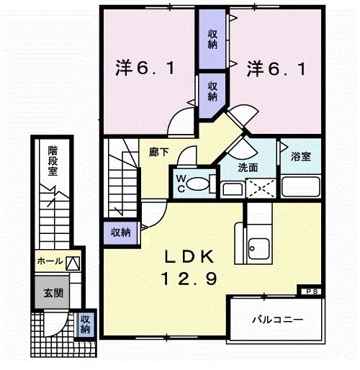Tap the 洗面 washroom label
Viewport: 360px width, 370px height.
coord(248,168)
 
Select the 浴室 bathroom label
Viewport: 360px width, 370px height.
coord(301,155)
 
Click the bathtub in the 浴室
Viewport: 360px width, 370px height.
coord(302,188)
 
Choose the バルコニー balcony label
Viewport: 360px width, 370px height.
coord(276,319)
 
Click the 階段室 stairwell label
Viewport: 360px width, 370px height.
coord(53,163)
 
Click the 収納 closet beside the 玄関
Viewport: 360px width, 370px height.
coord(85,324)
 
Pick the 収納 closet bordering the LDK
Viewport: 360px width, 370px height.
coord(121,232)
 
